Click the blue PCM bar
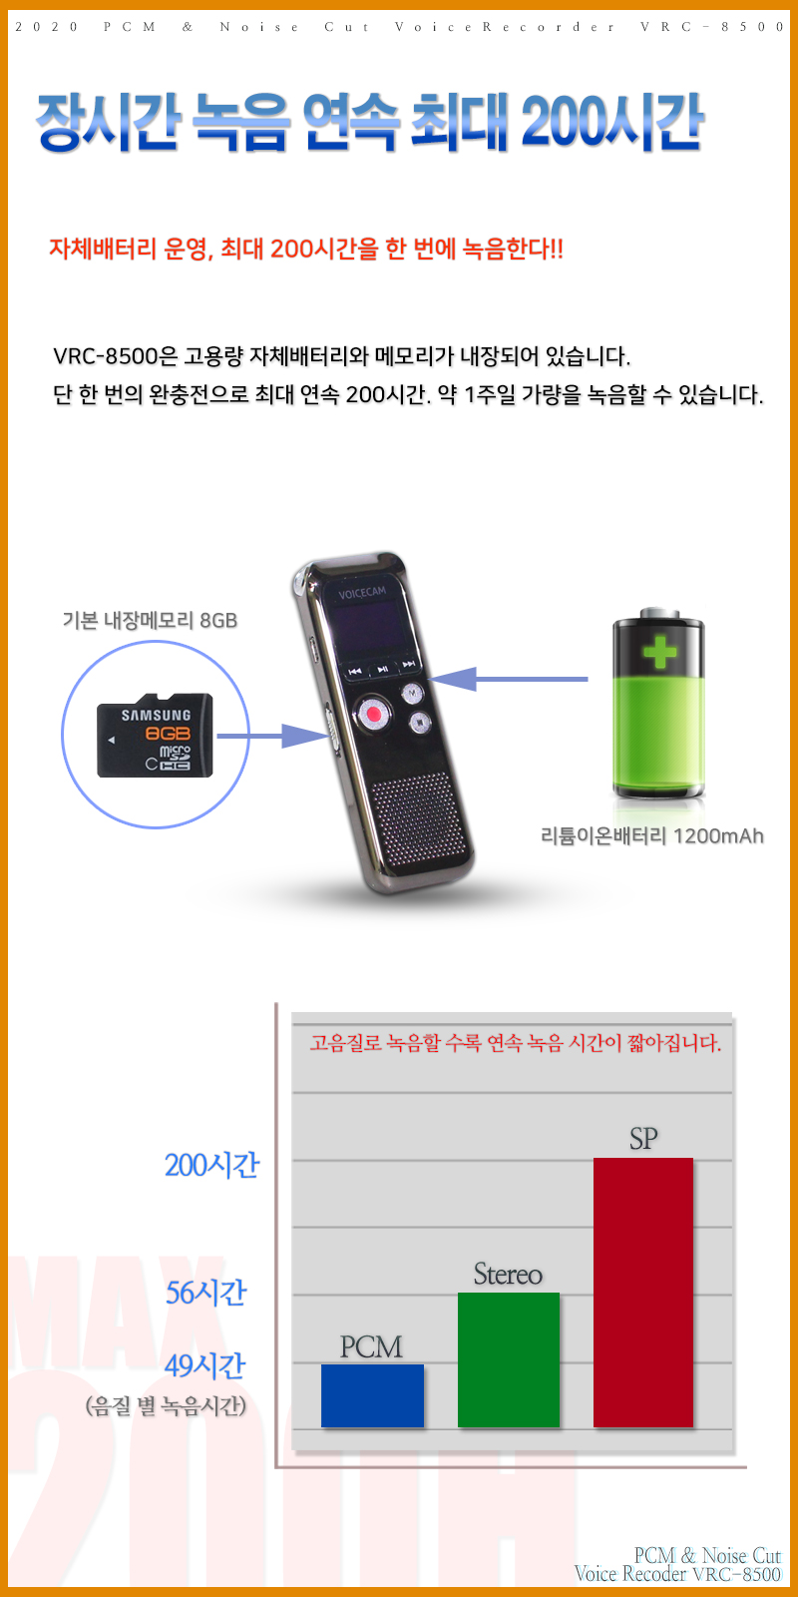pyautogui.click(x=372, y=1395)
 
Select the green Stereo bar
pyautogui.click(x=508, y=1359)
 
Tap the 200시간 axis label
pyautogui.click(x=211, y=1165)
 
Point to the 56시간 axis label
pyautogui.click(x=205, y=1292)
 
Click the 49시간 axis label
pyautogui.click(x=204, y=1365)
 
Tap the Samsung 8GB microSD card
pyautogui.click(x=155, y=735)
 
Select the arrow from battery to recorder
pyautogui.click(x=509, y=679)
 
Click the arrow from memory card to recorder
pyautogui.click(x=271, y=736)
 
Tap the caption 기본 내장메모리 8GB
pyautogui.click(x=150, y=620)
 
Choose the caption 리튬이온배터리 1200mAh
pyautogui.click(x=652, y=835)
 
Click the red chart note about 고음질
pyautogui.click(x=515, y=1043)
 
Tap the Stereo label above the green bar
pyautogui.click(x=508, y=1274)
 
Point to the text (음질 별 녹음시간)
pyautogui.click(x=166, y=1405)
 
